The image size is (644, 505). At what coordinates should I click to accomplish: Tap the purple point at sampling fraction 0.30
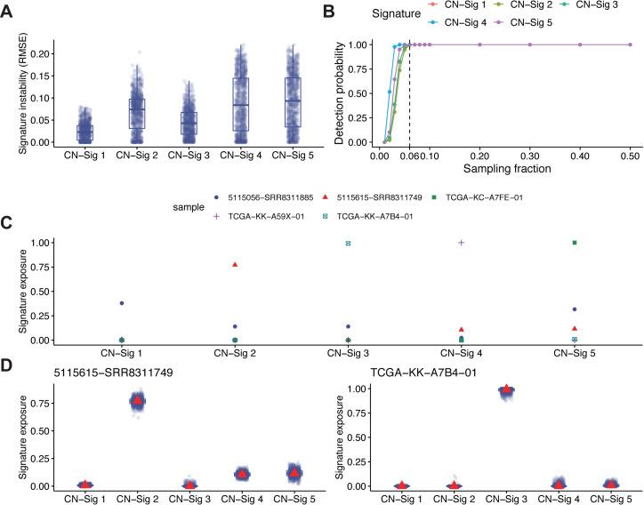pyautogui.click(x=530, y=44)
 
